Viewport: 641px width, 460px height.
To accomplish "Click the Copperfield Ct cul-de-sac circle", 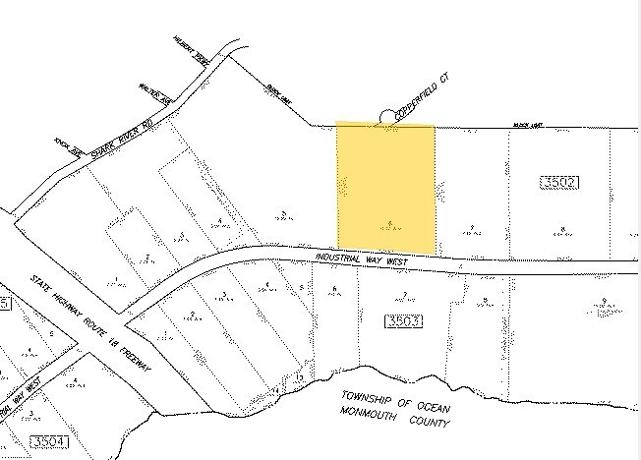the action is pos(386,118).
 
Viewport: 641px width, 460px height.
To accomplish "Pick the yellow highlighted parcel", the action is pos(385,187).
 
